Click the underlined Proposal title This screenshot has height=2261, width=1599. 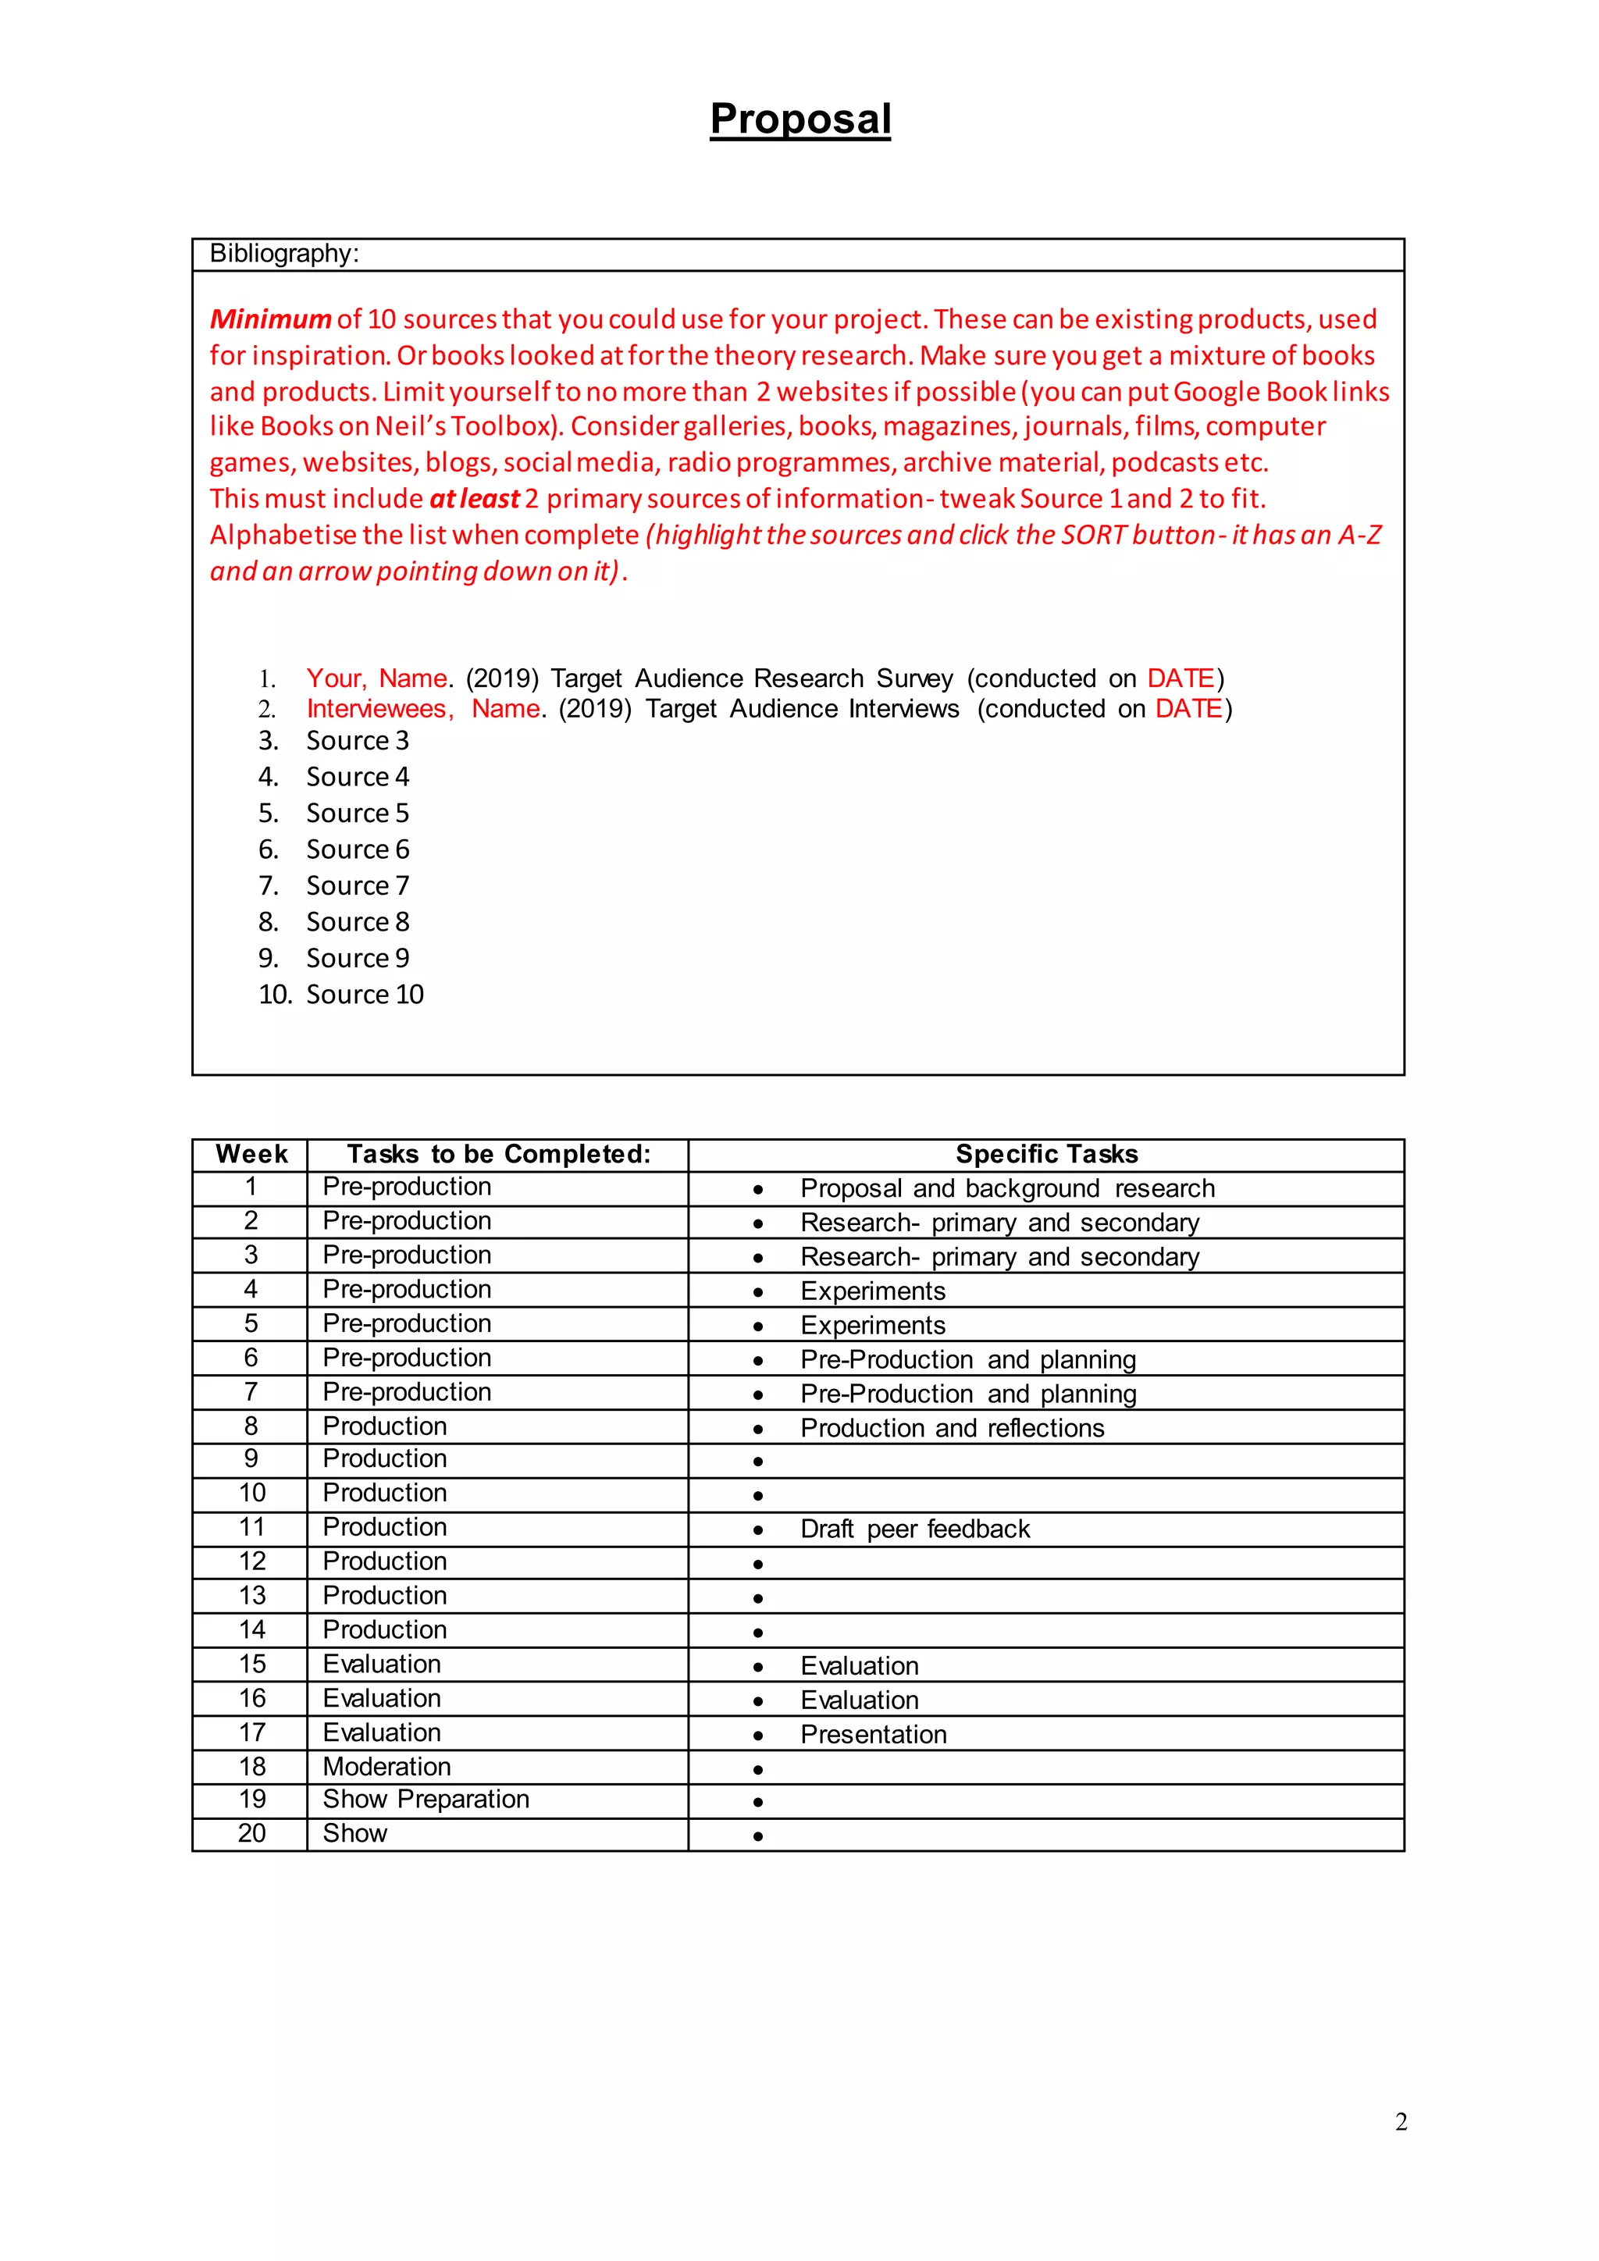pyautogui.click(x=799, y=119)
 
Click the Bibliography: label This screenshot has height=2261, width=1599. pyautogui.click(x=283, y=254)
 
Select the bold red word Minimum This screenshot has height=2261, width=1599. pyautogui.click(x=270, y=319)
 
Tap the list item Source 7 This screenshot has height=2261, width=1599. pyautogui.click(x=357, y=885)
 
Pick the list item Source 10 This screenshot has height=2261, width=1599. pyautogui.click(x=365, y=995)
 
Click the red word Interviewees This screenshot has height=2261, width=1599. pyautogui.click(x=379, y=709)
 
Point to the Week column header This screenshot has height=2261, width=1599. pyautogui.click(x=251, y=1154)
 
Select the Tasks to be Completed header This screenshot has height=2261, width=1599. pyautogui.click(x=498, y=1154)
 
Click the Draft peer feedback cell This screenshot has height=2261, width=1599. pyautogui.click(x=915, y=1529)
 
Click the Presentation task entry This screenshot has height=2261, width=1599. pyautogui.click(x=874, y=1734)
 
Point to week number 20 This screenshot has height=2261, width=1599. pyautogui.click(x=251, y=1834)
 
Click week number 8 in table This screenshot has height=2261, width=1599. pyautogui.click(x=251, y=1426)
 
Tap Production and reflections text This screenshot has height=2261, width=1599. pyautogui.click(x=952, y=1428)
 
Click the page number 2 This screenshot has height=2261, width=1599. pyautogui.click(x=1400, y=2122)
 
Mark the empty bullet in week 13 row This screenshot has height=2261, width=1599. pyautogui.click(x=757, y=1597)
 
